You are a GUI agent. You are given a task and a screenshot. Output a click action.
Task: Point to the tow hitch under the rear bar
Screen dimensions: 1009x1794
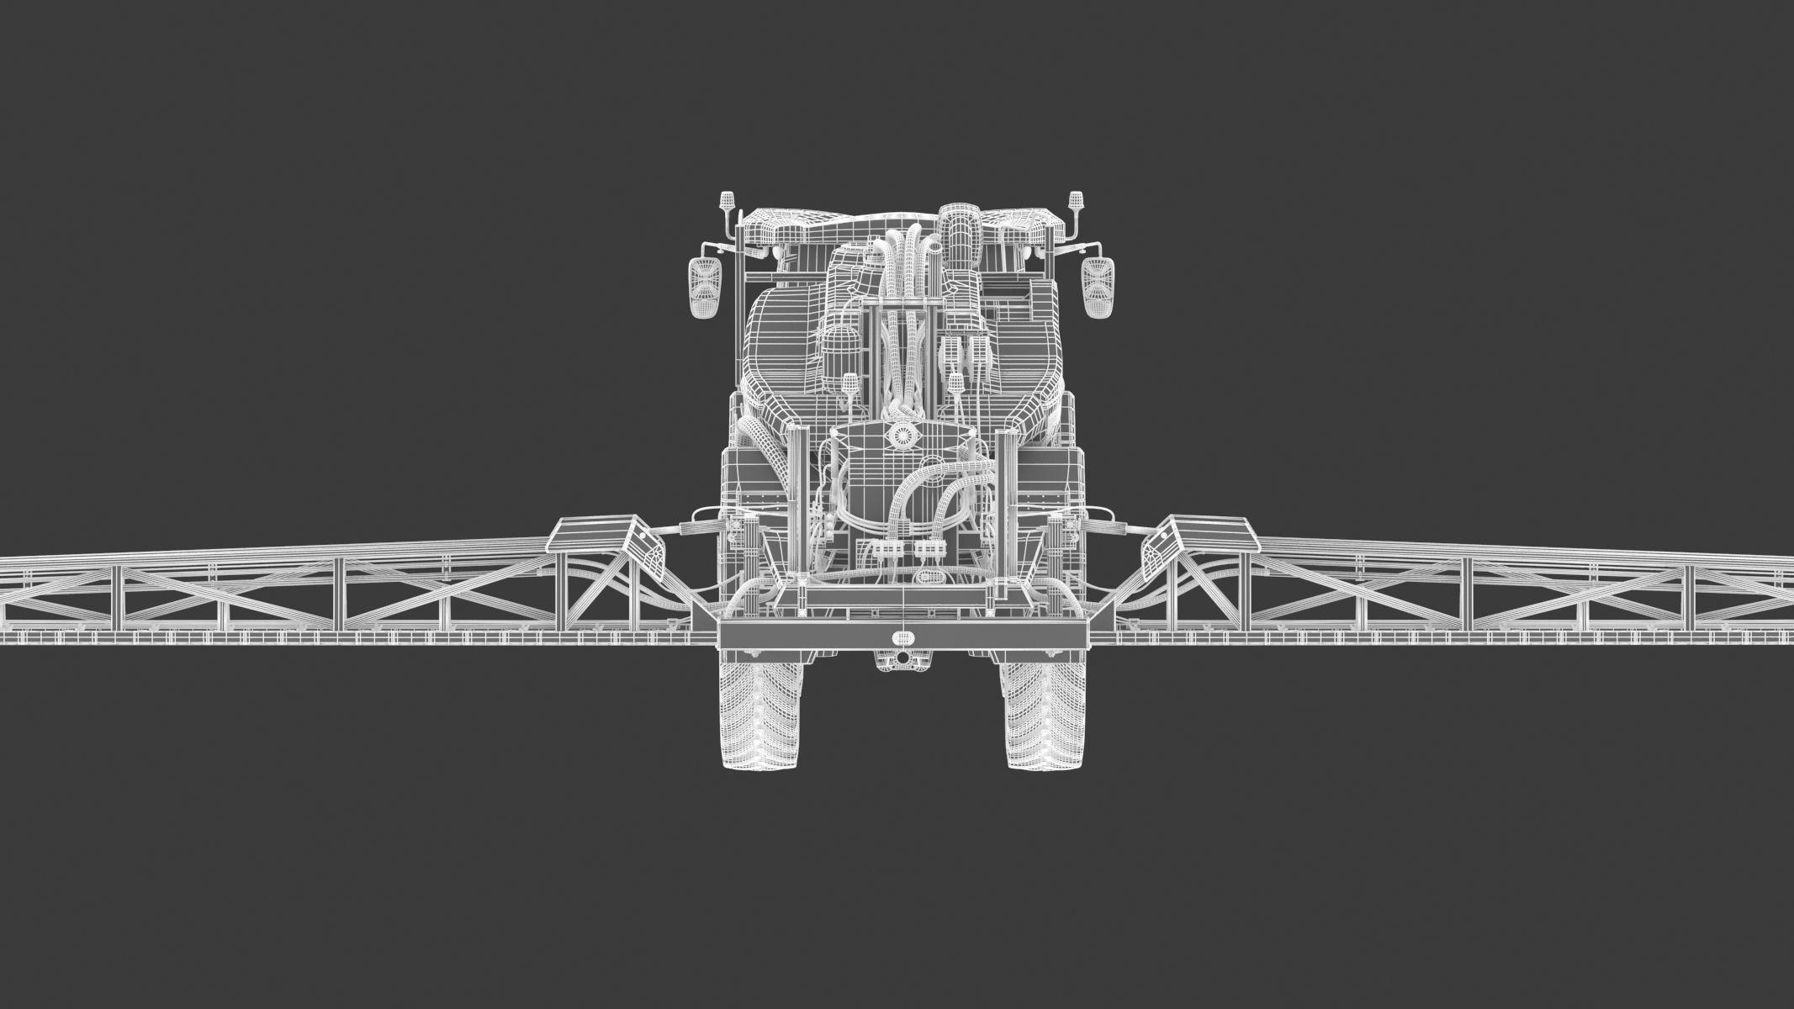pyautogui.click(x=902, y=658)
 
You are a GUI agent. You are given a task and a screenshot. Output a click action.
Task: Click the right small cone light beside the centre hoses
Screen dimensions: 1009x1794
pyautogui.click(x=956, y=383)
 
